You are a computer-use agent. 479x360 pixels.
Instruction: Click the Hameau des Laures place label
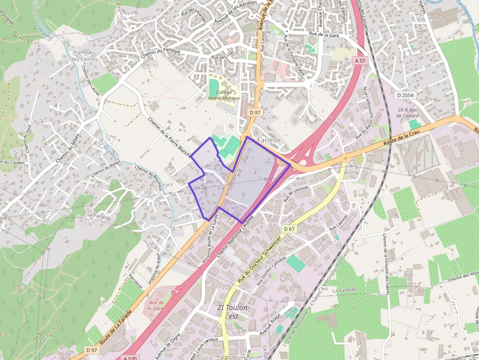coord(84,56)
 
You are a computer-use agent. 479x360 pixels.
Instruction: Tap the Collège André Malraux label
coord(224,95)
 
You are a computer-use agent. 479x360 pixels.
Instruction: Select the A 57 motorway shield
coord(360,60)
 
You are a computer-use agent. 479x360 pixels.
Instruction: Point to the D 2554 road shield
coord(405,95)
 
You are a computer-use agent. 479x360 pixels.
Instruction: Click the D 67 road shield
coord(289,229)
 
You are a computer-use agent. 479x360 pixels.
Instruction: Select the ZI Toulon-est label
coord(234,312)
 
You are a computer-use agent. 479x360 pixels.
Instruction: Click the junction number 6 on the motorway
coord(330,119)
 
